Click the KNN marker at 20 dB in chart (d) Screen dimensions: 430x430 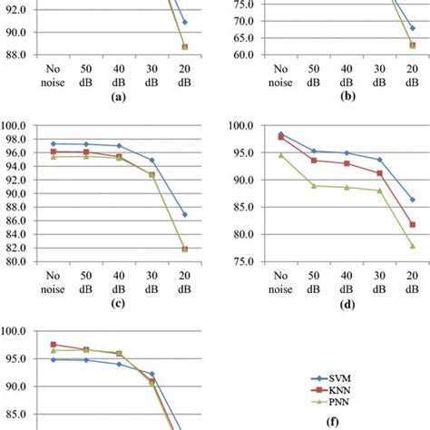click(x=413, y=224)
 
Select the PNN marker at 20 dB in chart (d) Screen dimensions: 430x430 click(x=413, y=246)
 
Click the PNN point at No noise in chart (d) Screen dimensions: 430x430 click(x=280, y=155)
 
